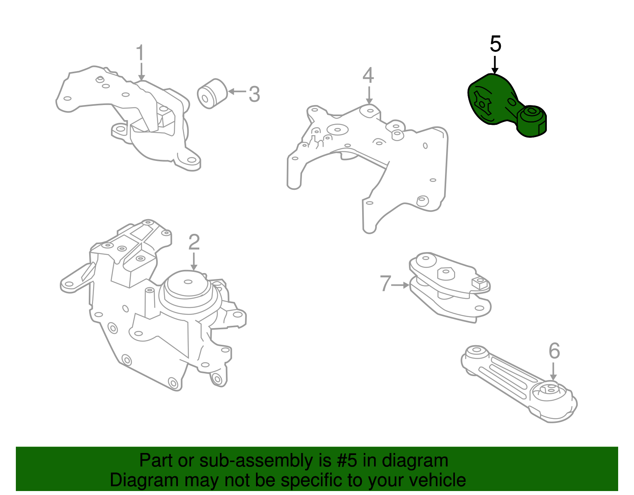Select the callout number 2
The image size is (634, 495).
pos(194,242)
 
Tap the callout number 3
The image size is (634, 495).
pos(254,94)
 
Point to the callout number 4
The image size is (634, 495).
pos(368,75)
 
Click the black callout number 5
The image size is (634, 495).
pos(495,44)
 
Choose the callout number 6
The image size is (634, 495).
pos(554,351)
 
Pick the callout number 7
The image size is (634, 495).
pos(386,283)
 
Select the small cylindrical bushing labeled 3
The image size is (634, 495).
pos(212,94)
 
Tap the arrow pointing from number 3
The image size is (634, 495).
pos(237,92)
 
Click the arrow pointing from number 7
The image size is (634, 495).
pos(400,285)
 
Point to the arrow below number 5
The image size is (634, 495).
pos(495,65)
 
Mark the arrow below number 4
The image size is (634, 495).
pos(369,96)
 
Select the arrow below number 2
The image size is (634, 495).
pos(194,262)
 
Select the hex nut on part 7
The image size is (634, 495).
pos(446,273)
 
